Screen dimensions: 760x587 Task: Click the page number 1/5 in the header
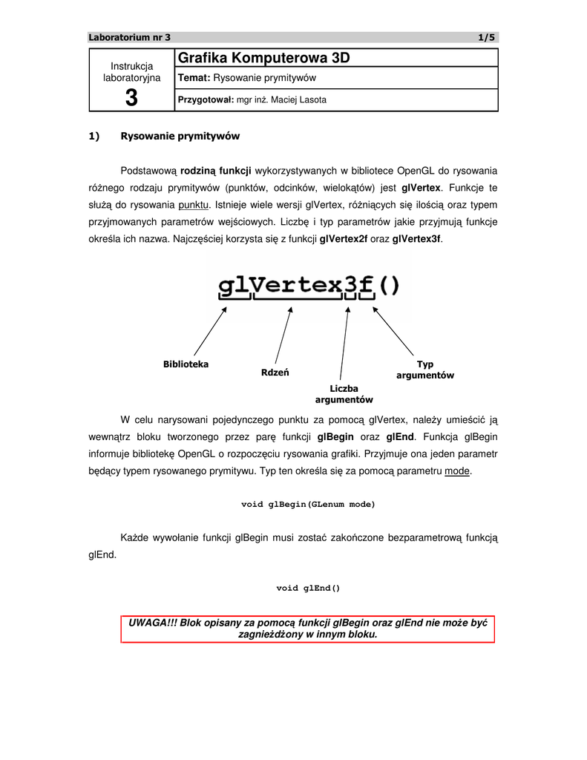pyautogui.click(x=486, y=37)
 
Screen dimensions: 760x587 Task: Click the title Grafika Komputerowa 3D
pyautogui.click(x=264, y=57)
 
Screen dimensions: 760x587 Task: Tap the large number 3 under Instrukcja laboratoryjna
pyautogui.click(x=131, y=96)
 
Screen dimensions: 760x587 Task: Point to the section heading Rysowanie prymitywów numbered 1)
pyautogui.click(x=180, y=137)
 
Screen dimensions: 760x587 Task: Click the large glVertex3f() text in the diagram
pyautogui.click(x=308, y=285)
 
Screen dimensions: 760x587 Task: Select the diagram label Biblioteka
pyautogui.click(x=186, y=364)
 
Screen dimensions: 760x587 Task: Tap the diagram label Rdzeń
pyautogui.click(x=275, y=372)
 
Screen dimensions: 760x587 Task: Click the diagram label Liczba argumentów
pyautogui.click(x=344, y=394)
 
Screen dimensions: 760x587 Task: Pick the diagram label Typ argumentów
pyautogui.click(x=424, y=370)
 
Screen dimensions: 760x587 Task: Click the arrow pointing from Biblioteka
pyautogui.click(x=209, y=331)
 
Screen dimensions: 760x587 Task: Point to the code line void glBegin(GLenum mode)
pyautogui.click(x=308, y=505)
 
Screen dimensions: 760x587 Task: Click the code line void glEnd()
pyautogui.click(x=308, y=589)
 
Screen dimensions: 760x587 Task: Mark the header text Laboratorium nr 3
pyautogui.click(x=129, y=37)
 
